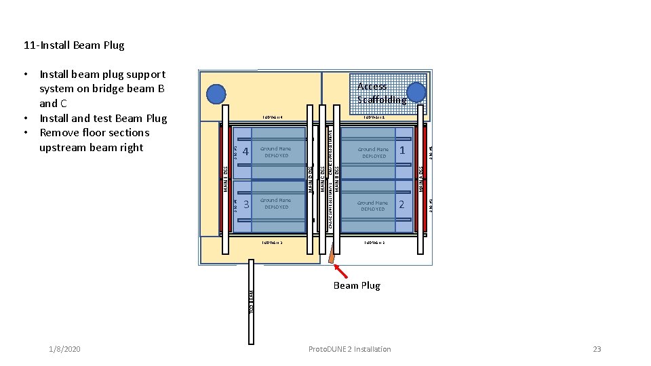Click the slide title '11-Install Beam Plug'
point(74,45)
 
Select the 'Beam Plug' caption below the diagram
point(357,285)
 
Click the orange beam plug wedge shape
point(332,256)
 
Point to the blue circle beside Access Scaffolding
point(416,93)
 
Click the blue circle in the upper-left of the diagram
point(217,94)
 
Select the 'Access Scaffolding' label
point(381,93)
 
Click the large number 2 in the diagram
point(401,204)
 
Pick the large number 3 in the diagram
point(246,204)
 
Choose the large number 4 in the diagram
point(246,150)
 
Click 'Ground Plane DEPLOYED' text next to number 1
point(374,152)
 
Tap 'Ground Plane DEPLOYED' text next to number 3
point(277,203)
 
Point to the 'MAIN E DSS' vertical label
point(226,178)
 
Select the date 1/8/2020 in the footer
point(65,349)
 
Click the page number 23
point(597,349)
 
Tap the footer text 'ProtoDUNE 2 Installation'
point(349,349)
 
